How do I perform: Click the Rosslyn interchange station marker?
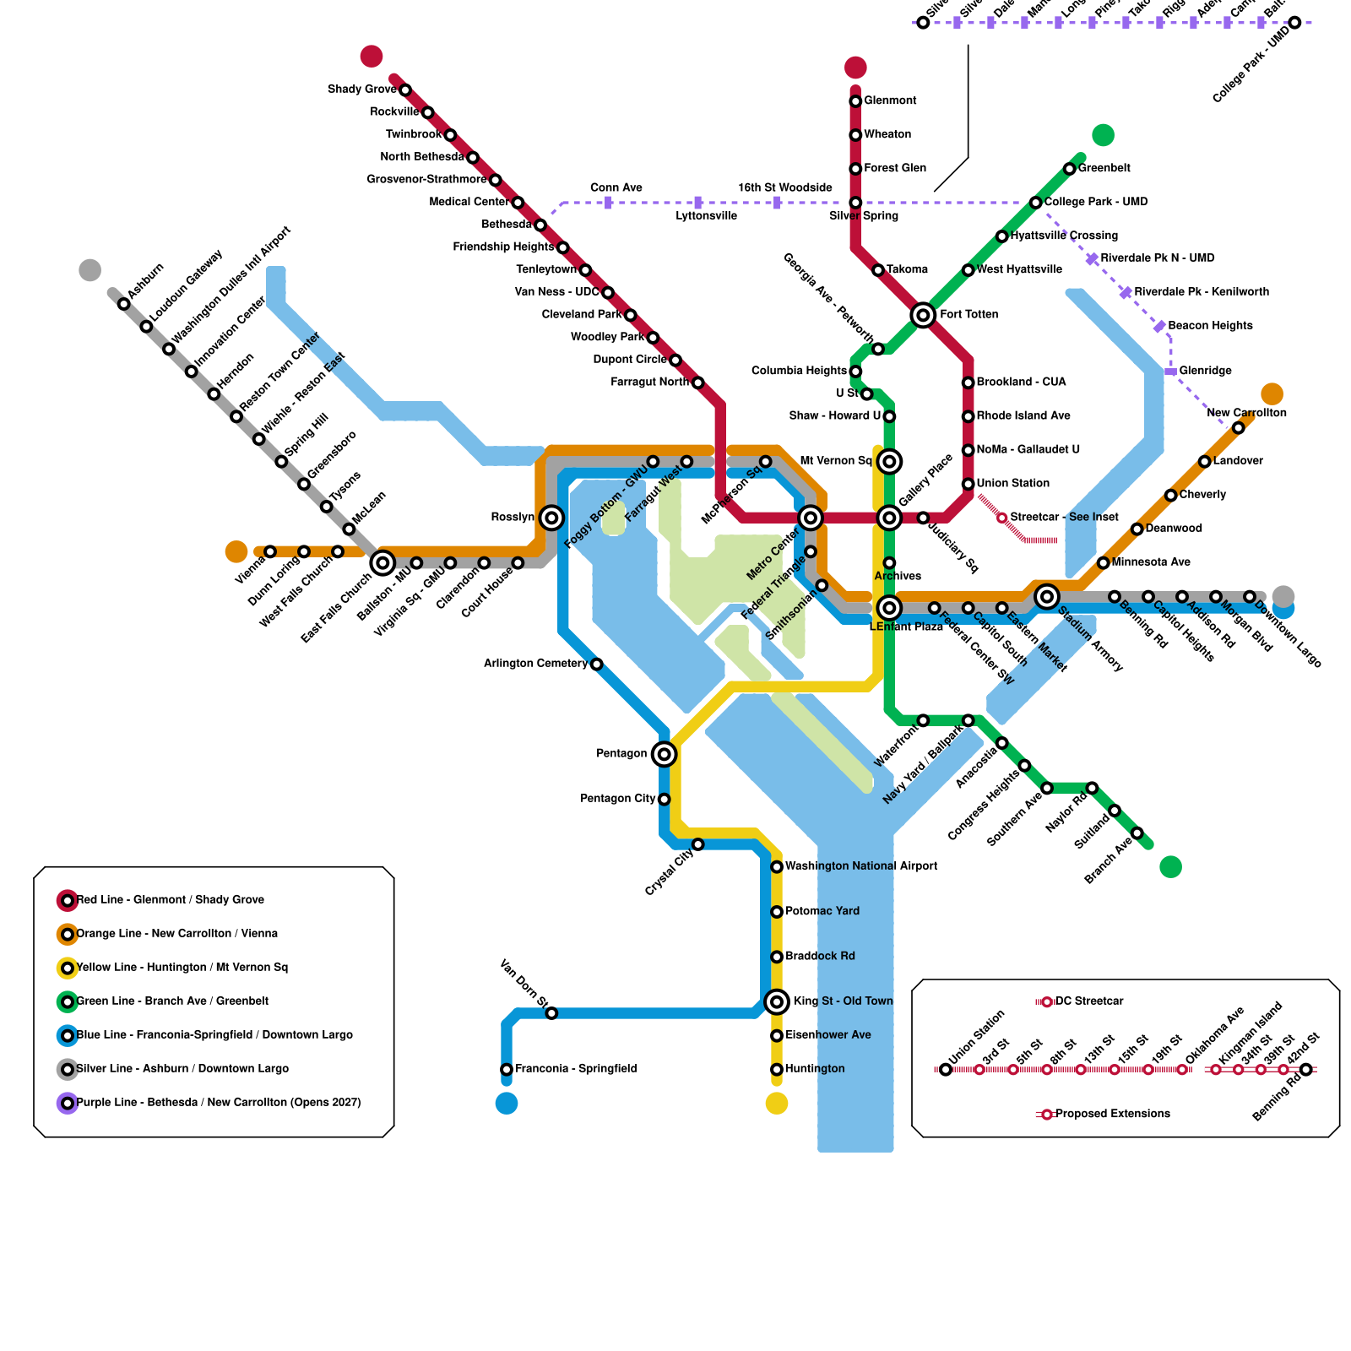551,518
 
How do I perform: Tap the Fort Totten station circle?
923,315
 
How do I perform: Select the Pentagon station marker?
665,754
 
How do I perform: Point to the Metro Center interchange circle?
811,518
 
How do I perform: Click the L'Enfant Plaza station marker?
889,607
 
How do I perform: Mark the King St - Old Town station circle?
777,1001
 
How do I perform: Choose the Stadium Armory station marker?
1047,596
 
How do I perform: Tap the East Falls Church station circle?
383,562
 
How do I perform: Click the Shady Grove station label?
361,90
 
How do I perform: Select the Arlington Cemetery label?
535,664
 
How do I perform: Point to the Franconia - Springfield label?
576,1069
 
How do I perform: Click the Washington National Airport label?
861,866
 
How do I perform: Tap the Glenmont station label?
890,101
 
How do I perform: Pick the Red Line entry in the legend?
170,900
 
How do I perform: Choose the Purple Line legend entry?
218,1103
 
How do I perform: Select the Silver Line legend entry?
182,1069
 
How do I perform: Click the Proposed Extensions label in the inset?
1113,1115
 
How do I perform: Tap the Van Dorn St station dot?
551,1013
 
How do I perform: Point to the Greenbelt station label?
1104,169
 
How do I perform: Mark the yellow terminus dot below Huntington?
777,1103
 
